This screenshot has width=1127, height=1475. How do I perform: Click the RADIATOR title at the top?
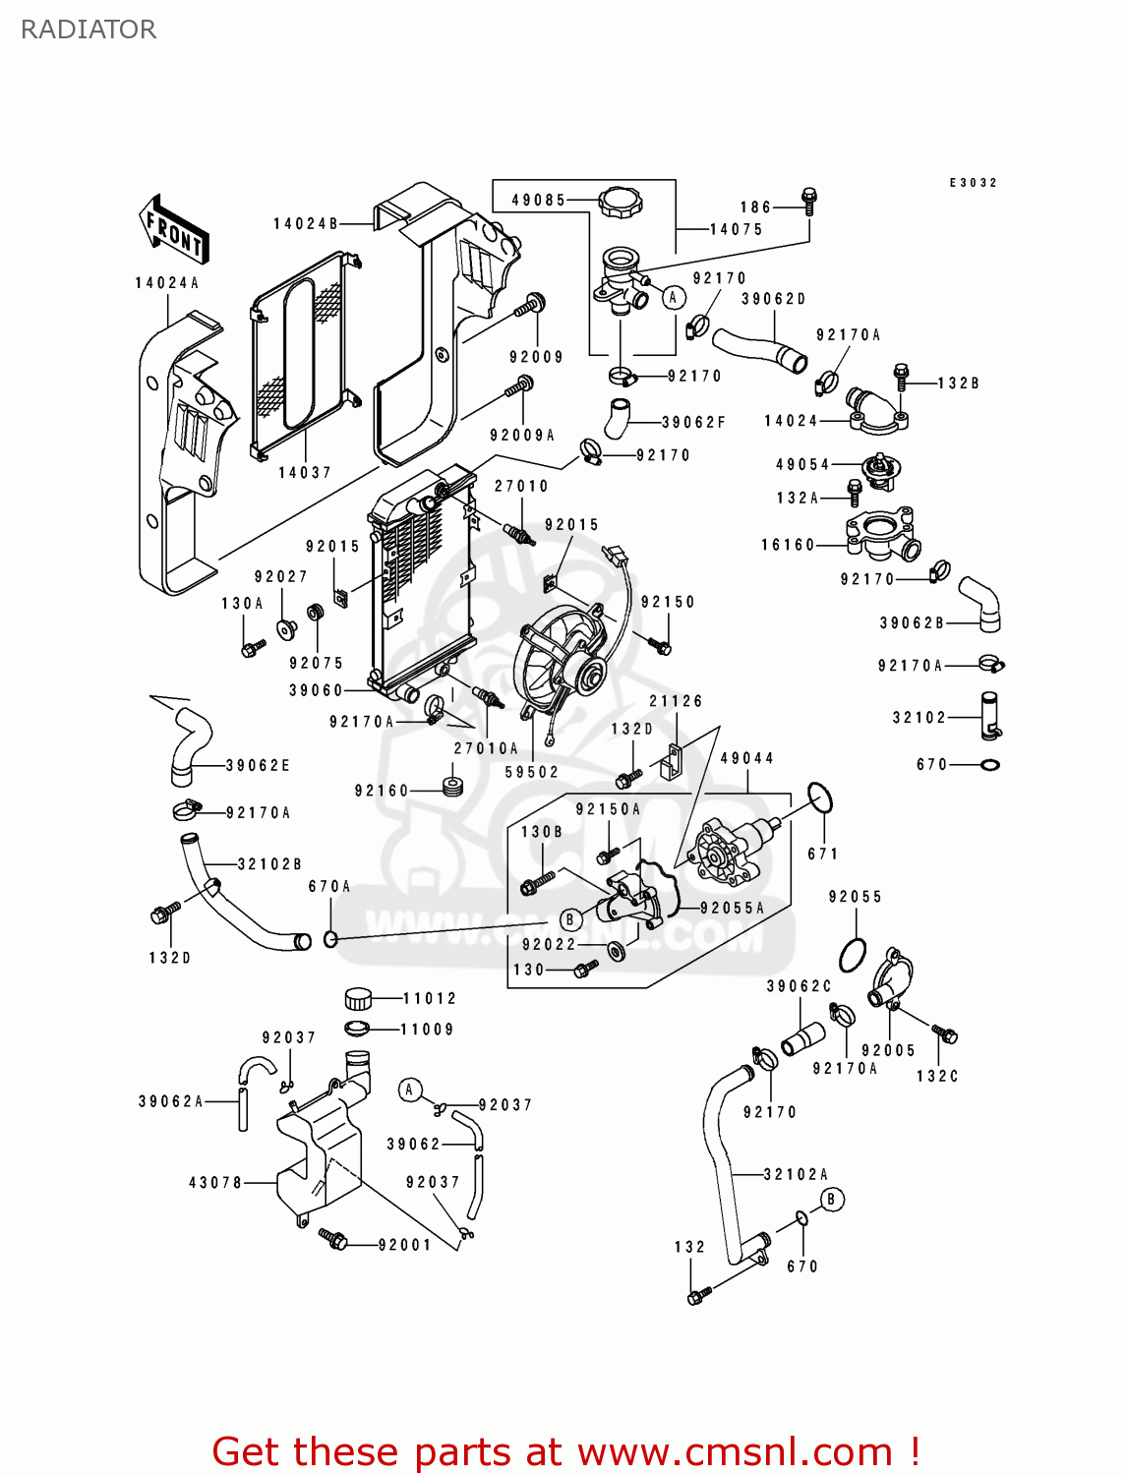pos(89,29)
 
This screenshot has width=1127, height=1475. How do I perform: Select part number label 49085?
pos(538,200)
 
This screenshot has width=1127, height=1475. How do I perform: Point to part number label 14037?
pos(305,473)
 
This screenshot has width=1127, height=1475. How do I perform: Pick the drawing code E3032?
pos(973,183)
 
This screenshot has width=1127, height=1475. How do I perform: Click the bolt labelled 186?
pos(809,202)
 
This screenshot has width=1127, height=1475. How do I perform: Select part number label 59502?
pos(532,773)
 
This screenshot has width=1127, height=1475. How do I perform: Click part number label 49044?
pos(747,758)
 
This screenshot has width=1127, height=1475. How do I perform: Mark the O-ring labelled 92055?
pos(853,954)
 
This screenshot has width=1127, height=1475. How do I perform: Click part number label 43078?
pos(215,1183)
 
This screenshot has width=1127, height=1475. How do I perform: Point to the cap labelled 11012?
pos(359,999)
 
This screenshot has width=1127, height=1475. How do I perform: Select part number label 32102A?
pos(796,1174)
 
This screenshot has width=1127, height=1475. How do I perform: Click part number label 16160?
pos(789,545)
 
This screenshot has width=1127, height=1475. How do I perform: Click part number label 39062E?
pos(258,766)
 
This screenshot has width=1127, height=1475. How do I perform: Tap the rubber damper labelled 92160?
pos(452,788)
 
